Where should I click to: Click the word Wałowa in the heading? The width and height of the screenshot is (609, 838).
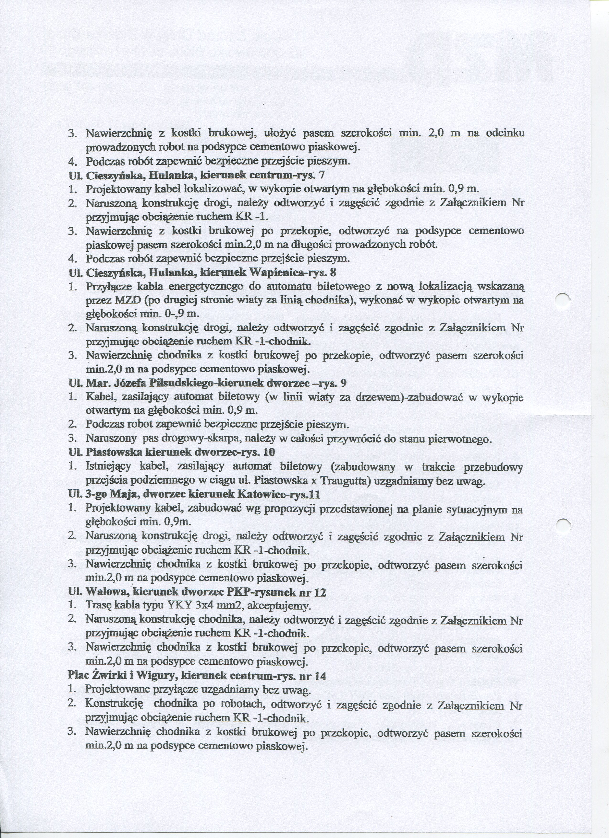pos(107,592)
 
